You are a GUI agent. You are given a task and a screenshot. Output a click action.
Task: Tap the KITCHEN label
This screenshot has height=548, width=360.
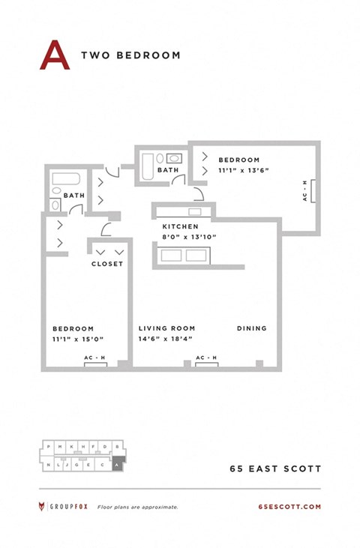coord(181,226)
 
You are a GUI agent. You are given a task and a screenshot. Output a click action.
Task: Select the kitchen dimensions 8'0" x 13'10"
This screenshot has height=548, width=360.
coord(189,237)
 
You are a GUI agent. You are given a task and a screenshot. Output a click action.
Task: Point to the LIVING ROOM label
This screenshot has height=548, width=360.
coord(166,328)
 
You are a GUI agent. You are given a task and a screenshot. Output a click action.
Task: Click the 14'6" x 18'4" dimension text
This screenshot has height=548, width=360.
coord(166,339)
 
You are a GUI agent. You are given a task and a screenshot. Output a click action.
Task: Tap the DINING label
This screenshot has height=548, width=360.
coord(252,328)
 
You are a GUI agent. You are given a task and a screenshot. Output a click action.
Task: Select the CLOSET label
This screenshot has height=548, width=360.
coord(107,264)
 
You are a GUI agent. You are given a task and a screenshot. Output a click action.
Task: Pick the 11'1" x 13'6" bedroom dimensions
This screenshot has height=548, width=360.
coord(243,170)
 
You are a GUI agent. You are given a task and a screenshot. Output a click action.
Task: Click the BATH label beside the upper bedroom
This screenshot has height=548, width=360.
coord(168,170)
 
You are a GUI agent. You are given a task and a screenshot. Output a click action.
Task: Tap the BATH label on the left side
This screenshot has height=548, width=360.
coord(74,196)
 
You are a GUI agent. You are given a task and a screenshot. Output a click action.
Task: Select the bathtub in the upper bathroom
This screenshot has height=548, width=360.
coord(148,163)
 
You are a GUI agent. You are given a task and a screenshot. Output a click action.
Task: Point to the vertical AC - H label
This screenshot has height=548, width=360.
coord(304,191)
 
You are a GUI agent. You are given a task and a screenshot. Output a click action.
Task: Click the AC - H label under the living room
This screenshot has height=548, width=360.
coord(206,358)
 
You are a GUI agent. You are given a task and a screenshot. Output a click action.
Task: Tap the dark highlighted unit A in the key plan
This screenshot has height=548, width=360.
coord(117,465)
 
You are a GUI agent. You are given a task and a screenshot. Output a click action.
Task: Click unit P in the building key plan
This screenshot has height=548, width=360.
coord(49,447)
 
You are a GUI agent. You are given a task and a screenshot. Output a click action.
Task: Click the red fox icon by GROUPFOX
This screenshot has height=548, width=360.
coord(43,507)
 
